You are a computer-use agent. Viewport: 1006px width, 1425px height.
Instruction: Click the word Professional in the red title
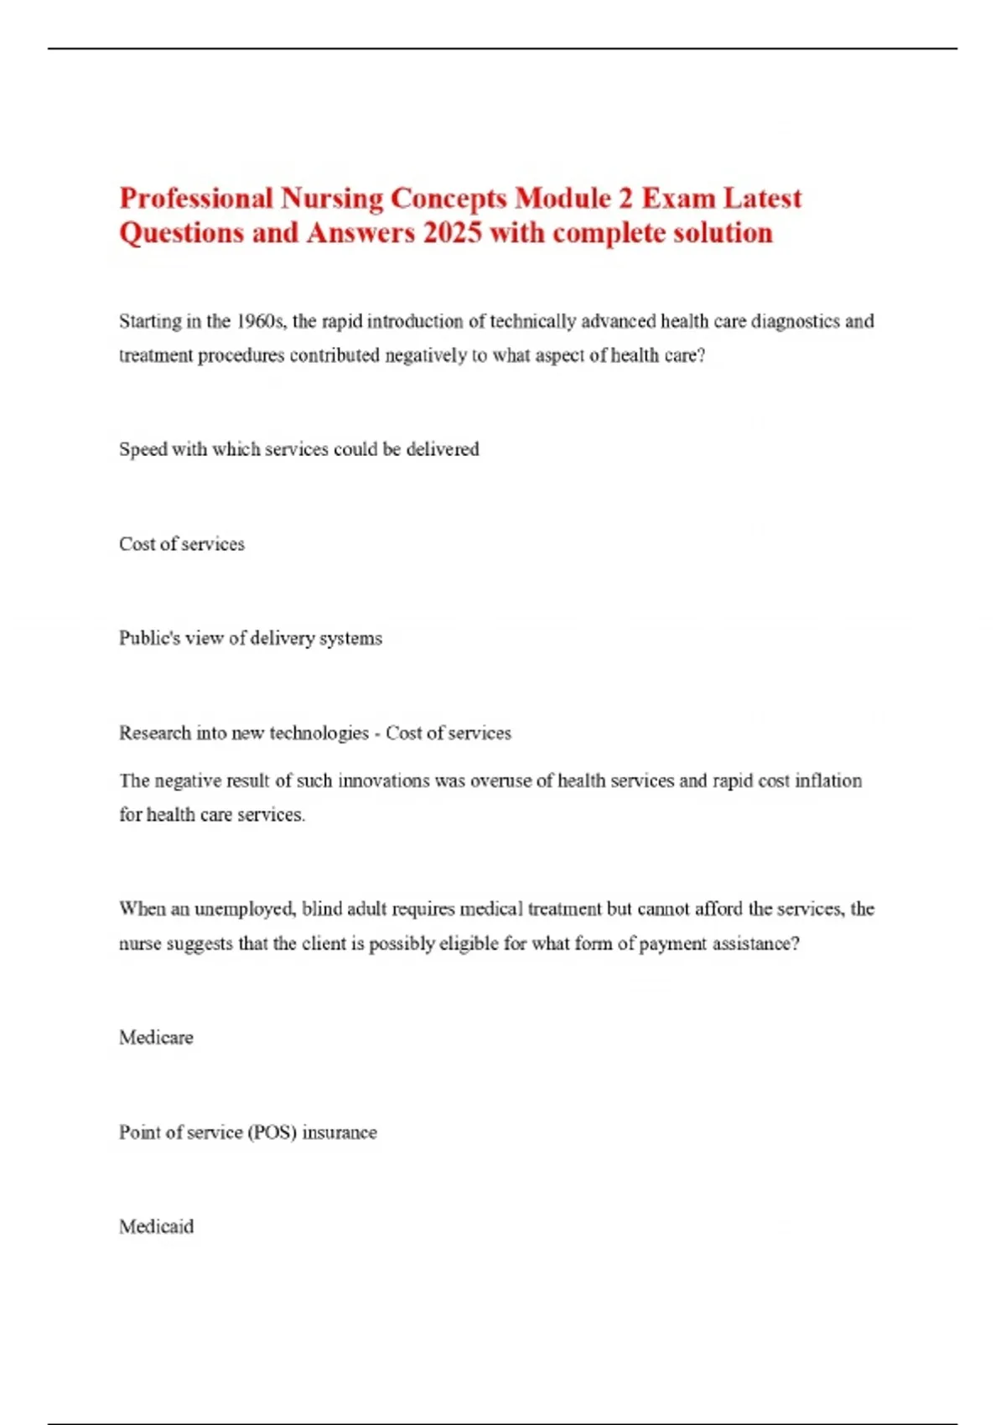point(196,199)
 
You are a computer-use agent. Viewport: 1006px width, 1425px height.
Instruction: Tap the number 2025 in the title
point(453,233)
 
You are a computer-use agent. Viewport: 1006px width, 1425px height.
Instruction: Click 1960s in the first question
point(261,322)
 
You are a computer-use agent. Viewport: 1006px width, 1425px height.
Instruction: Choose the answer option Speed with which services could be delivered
point(298,449)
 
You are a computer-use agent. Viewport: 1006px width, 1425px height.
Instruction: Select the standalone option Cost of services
point(182,544)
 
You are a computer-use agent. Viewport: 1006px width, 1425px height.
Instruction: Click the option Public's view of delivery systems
point(250,639)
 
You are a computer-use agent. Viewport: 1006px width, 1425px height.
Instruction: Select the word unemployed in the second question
point(244,909)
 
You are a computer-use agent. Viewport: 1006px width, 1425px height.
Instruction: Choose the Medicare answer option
point(156,1038)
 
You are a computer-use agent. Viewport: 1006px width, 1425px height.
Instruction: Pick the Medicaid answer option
point(156,1227)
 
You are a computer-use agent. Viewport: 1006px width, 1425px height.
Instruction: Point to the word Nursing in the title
point(332,199)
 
